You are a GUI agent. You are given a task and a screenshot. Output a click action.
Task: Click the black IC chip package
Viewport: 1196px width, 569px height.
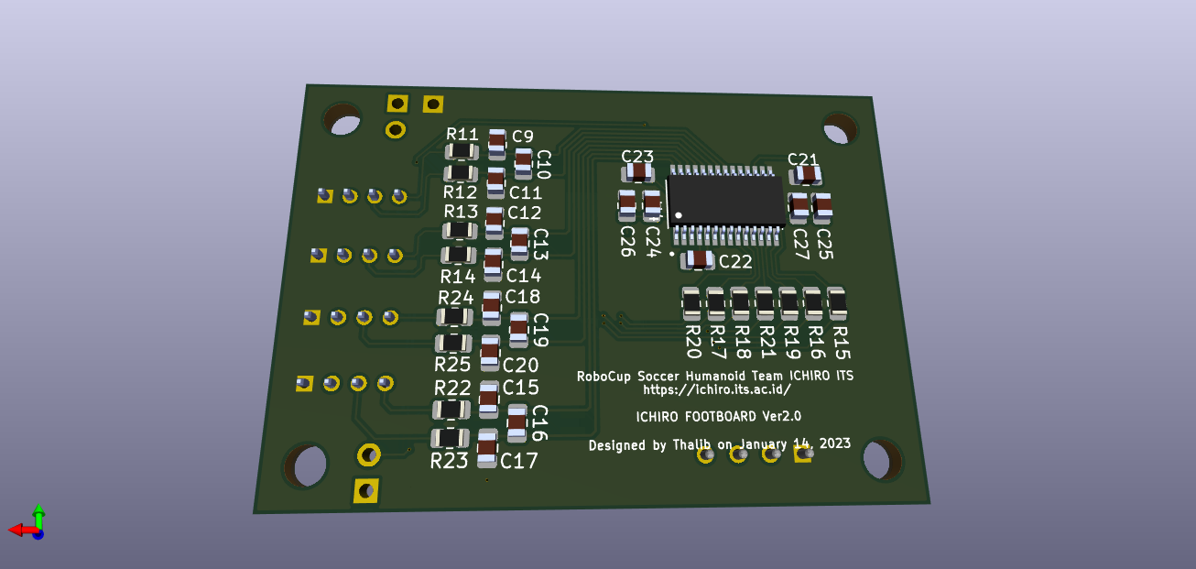(x=725, y=199)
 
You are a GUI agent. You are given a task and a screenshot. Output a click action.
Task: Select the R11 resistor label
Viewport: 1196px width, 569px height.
(x=462, y=134)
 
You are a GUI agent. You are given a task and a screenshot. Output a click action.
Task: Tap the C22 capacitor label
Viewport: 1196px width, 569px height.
(x=734, y=261)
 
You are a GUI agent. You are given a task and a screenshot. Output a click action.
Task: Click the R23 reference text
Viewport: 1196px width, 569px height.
(x=449, y=461)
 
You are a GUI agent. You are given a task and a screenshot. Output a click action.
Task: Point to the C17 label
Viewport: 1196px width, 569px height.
(x=519, y=461)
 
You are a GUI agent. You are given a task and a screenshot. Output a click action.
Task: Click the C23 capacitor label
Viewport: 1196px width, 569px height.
(x=637, y=156)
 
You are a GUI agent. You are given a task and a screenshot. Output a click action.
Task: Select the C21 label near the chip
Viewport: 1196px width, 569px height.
(x=803, y=159)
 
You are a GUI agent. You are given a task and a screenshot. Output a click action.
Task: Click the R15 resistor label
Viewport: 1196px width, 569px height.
(x=841, y=341)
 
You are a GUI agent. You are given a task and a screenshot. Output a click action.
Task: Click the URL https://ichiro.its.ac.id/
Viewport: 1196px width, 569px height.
(x=716, y=388)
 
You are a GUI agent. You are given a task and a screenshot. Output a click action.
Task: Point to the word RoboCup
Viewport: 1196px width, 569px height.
(x=604, y=376)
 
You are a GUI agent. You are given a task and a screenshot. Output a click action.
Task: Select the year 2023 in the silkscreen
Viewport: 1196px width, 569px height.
(x=835, y=443)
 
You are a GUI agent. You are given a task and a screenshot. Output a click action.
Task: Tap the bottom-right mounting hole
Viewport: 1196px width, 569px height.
(x=882, y=459)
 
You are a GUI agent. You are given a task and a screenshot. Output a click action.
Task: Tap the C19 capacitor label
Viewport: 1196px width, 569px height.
(x=540, y=330)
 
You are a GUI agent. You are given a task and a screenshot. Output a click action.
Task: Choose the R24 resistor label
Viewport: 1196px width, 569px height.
(x=456, y=298)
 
